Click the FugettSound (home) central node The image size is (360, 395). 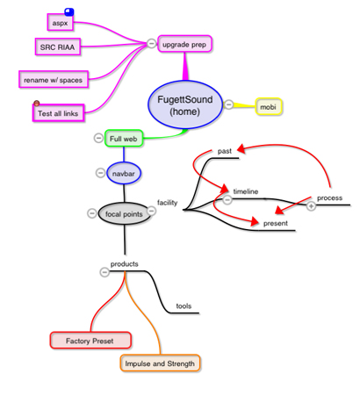click(185, 105)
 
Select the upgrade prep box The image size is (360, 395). click(184, 44)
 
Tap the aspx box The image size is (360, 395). click(61, 22)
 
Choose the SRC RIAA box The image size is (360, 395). click(58, 47)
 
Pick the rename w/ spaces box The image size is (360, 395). click(54, 79)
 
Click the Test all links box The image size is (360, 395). click(58, 113)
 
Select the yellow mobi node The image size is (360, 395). click(269, 107)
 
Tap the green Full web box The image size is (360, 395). click(124, 139)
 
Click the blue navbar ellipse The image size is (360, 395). click(124, 173)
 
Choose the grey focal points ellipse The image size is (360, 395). click(124, 214)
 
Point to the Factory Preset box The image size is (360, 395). click(90, 341)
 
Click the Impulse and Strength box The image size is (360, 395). click(160, 363)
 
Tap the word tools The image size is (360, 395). click(184, 306)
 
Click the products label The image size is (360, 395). click(125, 264)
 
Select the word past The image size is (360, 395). click(225, 151)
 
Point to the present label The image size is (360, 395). click(276, 224)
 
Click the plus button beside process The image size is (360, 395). click(311, 206)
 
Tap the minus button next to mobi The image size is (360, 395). click(229, 104)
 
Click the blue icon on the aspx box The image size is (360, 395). click(69, 12)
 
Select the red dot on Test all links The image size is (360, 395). click(37, 104)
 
